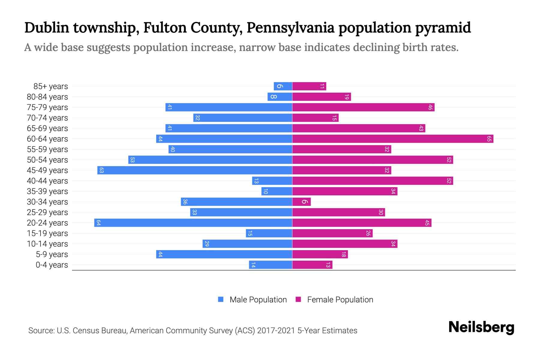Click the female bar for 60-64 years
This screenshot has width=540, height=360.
point(392,139)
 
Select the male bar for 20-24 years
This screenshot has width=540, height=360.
point(193,223)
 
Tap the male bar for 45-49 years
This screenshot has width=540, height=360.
point(195,170)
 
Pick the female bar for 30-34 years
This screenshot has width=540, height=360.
point(301,202)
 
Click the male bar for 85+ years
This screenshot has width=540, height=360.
point(283,86)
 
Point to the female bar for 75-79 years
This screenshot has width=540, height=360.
point(363,107)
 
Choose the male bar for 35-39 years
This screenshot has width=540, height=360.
point(277,191)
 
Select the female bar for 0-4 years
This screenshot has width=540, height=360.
point(312,265)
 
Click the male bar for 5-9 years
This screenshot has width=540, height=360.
point(224,254)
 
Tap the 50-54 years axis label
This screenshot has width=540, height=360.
point(47,160)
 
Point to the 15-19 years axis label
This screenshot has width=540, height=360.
point(47,233)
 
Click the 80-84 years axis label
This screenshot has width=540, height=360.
point(47,97)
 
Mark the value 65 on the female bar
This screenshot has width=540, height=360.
point(489,139)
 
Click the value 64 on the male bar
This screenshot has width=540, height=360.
point(98,223)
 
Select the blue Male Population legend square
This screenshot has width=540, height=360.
point(221,299)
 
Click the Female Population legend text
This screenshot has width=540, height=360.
point(340,300)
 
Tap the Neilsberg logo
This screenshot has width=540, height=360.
point(481,327)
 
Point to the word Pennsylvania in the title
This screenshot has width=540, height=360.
point(290,28)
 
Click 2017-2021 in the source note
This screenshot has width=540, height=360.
point(276,331)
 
